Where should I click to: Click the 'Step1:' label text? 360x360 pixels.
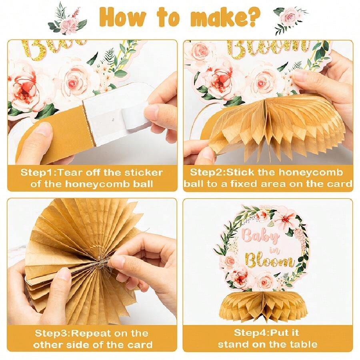[37, 172]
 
